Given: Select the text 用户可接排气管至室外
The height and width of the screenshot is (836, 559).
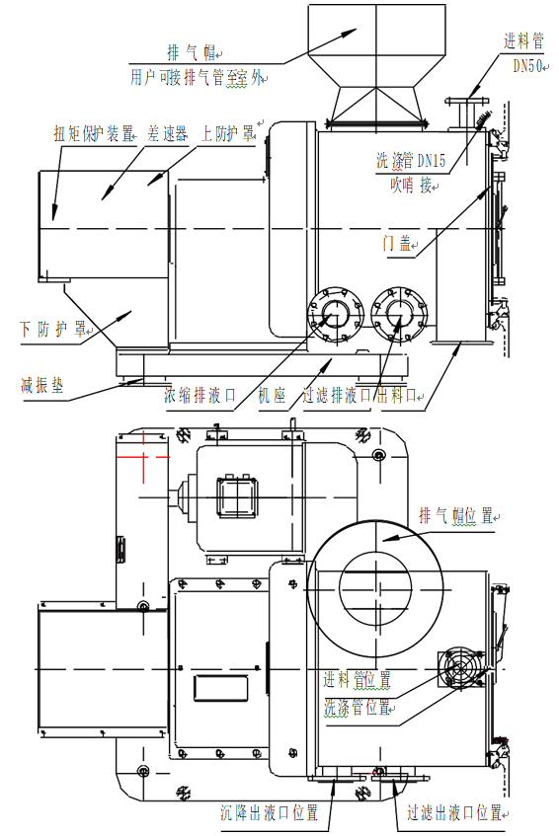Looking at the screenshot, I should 198,76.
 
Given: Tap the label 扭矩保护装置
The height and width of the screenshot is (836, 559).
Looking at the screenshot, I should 93,132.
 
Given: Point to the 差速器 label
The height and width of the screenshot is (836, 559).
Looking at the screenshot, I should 167,132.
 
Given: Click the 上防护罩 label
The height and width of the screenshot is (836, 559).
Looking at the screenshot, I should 228,132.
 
